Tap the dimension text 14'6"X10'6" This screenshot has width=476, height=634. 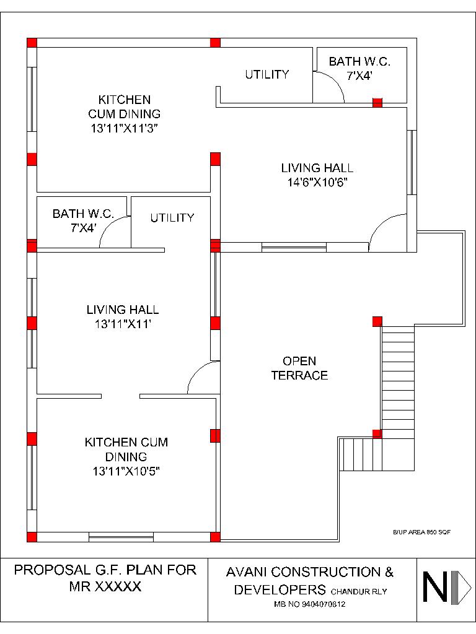coord(317,182)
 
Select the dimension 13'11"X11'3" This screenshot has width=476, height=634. coord(124,129)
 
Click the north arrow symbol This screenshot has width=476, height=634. coord(446,587)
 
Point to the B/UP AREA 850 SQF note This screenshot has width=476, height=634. coord(421,532)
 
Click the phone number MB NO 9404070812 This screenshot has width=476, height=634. coord(309,604)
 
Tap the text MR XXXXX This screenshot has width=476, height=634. coord(105,586)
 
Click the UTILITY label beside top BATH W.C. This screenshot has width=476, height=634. coord(267,74)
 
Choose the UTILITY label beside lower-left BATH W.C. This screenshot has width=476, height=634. coord(172,218)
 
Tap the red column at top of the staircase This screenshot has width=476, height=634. coord(377,321)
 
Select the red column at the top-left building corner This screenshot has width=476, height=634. coord(32,43)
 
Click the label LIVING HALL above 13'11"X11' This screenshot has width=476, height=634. coord(123,310)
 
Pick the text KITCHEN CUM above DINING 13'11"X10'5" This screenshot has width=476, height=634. coord(126,443)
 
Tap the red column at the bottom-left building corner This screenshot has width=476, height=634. coord(32,536)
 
